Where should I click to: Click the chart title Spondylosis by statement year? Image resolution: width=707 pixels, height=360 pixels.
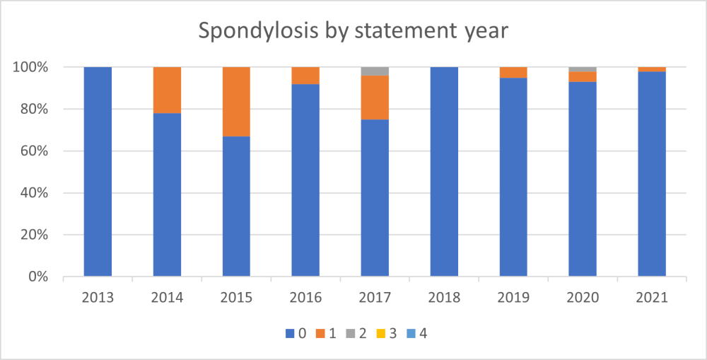point(353,32)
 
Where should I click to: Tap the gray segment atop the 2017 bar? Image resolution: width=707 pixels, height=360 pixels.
point(375,71)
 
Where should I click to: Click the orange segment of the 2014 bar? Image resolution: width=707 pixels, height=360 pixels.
point(167,90)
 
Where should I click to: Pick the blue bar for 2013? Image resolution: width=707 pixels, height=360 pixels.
point(98,172)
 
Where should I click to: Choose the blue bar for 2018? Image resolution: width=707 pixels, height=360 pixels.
point(444,172)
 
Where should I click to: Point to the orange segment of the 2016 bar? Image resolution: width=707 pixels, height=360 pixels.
point(305,76)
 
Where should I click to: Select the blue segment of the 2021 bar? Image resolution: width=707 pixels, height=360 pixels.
point(652,174)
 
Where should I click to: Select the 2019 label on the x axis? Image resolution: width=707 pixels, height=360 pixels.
point(513,298)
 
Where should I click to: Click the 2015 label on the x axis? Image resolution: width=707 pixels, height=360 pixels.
point(236,298)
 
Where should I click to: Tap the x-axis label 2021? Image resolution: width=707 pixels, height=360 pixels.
point(652,298)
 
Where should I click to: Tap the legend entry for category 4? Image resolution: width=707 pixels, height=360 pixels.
point(416,333)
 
